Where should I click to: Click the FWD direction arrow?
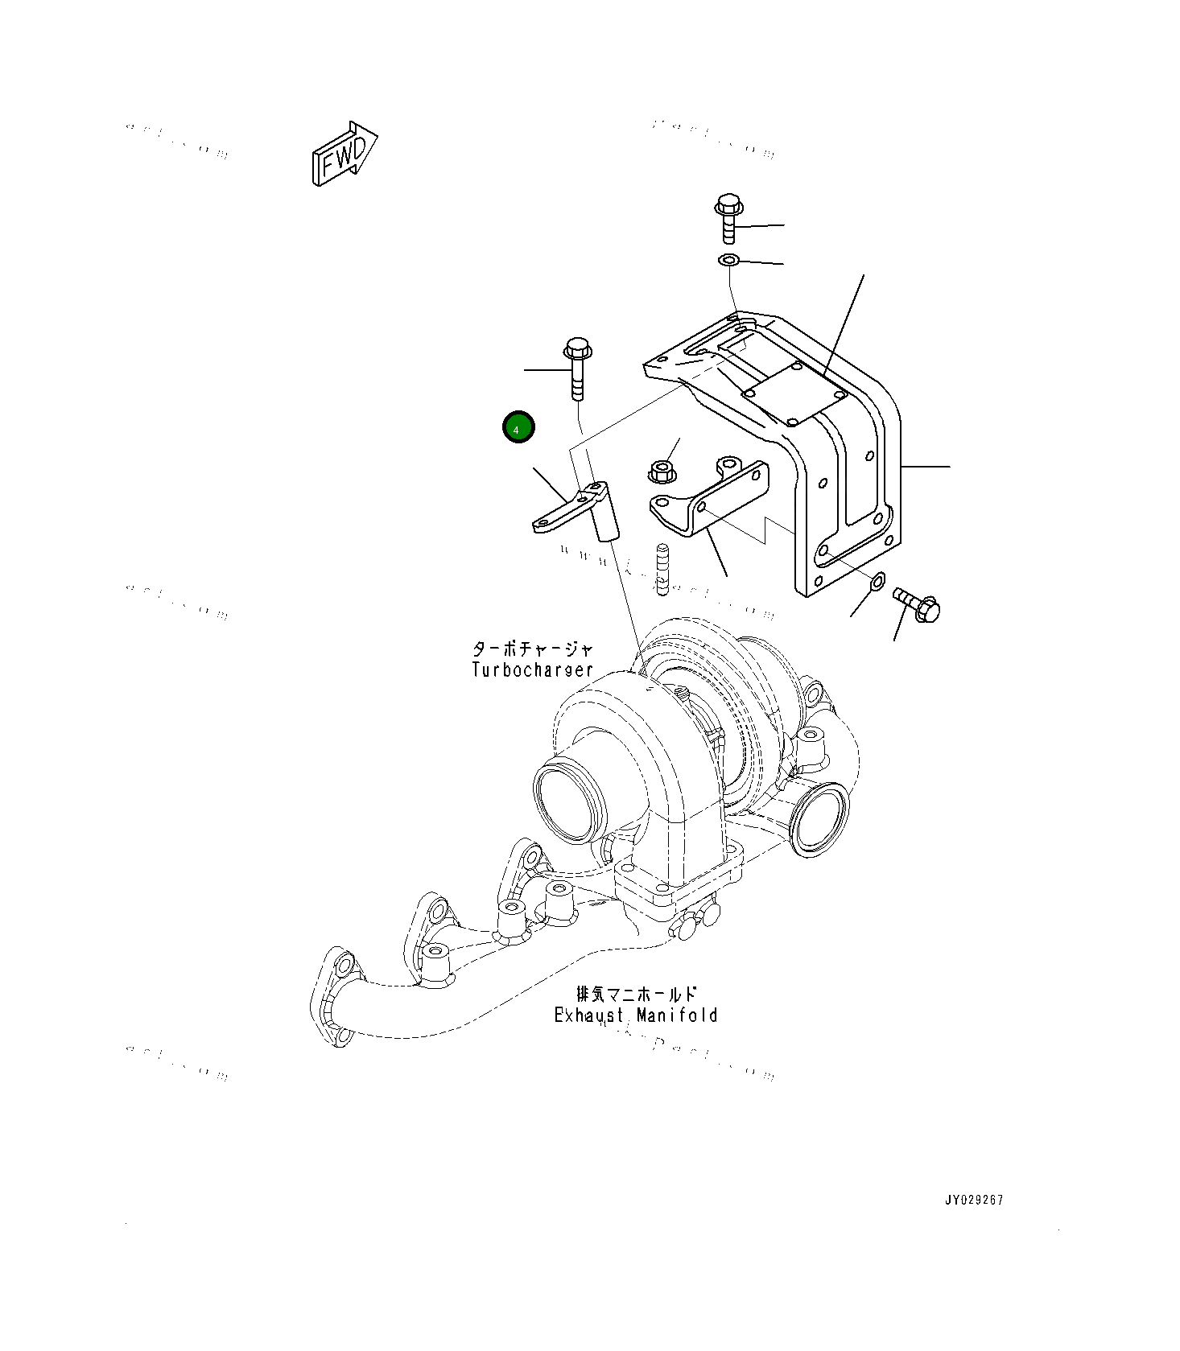click(344, 154)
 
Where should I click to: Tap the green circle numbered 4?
click(518, 427)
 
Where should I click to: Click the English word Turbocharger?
click(532, 669)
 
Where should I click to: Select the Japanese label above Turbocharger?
click(532, 649)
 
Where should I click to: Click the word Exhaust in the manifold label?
click(588, 1015)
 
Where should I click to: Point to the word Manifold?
click(677, 1015)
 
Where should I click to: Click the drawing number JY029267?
click(974, 1200)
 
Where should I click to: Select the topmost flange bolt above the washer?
click(728, 216)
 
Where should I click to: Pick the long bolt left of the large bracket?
click(577, 369)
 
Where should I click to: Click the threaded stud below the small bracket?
click(662, 569)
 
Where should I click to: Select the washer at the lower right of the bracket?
click(878, 579)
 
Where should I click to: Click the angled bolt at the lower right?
click(917, 603)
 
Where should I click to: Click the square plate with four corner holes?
click(793, 393)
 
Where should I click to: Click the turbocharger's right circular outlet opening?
click(819, 821)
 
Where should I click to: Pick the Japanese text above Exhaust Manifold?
click(636, 994)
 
